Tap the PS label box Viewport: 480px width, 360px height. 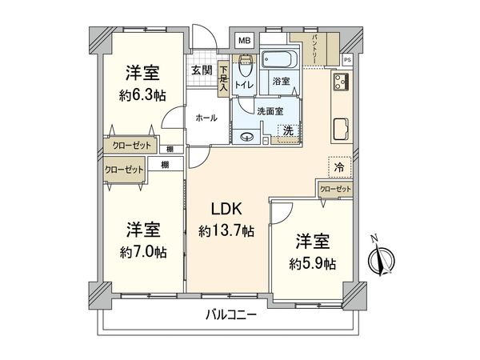[x=347, y=60]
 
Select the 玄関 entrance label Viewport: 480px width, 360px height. [x=202, y=70]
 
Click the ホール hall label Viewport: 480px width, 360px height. [x=206, y=118]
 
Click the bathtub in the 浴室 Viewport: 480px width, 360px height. [x=280, y=59]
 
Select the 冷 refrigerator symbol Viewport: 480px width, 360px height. [x=339, y=167]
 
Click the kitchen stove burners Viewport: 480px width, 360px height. [x=342, y=83]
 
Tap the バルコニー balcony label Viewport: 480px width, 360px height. [x=230, y=316]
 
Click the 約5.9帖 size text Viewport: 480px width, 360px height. [x=314, y=262]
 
